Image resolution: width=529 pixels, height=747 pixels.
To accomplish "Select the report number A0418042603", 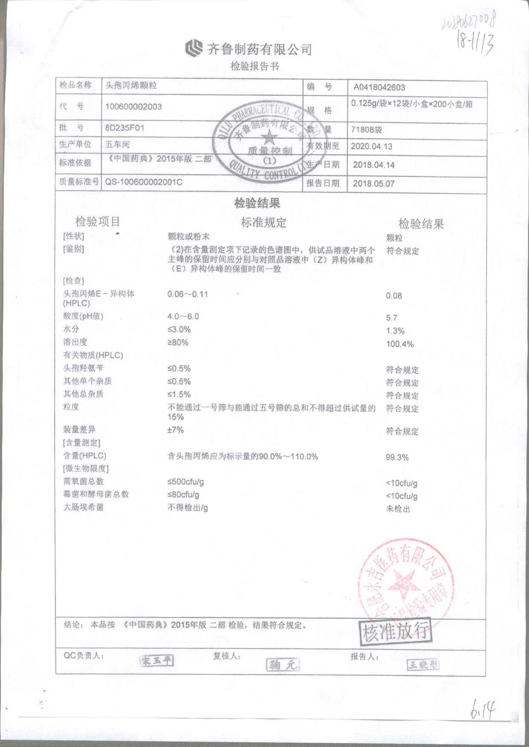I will [x=379, y=88].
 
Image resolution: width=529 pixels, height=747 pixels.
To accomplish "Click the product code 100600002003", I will [x=133, y=106].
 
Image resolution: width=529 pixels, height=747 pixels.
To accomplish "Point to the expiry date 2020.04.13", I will [x=371, y=146].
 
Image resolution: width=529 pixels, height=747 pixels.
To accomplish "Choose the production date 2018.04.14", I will [x=374, y=165].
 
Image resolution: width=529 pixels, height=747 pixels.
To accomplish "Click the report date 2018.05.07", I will [x=374, y=184].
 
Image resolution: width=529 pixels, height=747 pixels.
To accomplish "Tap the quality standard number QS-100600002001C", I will [x=144, y=182].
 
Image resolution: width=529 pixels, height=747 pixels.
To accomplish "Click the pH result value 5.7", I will [x=391, y=318].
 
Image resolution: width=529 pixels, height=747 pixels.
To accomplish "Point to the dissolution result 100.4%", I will [x=399, y=344].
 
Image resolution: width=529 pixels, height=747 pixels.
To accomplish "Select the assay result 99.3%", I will [x=397, y=457].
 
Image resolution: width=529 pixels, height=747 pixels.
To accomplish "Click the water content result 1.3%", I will [x=395, y=331].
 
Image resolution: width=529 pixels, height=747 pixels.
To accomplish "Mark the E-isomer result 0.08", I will [x=393, y=296].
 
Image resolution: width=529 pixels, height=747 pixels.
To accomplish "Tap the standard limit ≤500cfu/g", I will [x=185, y=482].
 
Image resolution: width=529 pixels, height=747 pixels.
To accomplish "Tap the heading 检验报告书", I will [x=254, y=66].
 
